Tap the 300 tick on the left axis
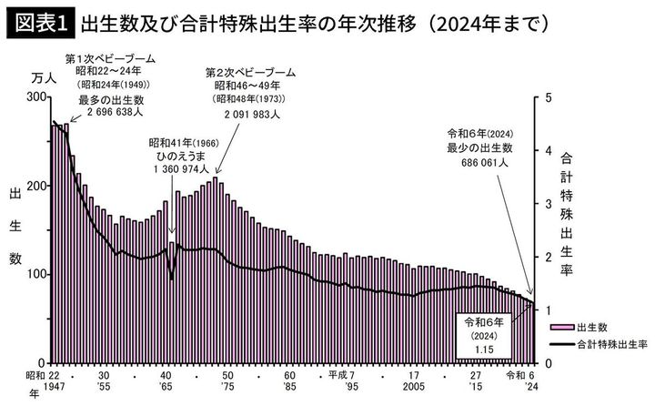35,96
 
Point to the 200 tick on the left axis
35,186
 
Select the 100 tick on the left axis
35,274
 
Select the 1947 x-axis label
53,388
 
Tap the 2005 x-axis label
413,388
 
